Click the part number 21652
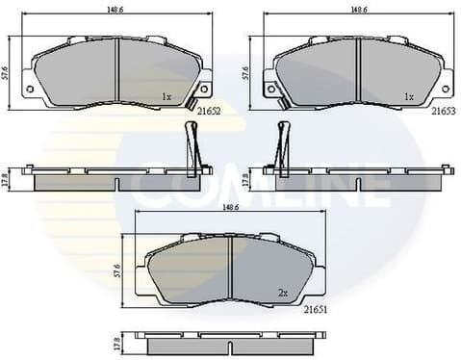click(209, 112)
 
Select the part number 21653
click(444, 112)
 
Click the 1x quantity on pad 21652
click(166, 96)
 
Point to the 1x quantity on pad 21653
click(408, 96)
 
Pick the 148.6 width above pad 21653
click(358, 9)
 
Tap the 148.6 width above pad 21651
click(231, 205)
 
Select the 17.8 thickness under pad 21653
click(247, 180)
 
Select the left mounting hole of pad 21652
click(29, 89)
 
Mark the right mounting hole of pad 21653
click(446, 89)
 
